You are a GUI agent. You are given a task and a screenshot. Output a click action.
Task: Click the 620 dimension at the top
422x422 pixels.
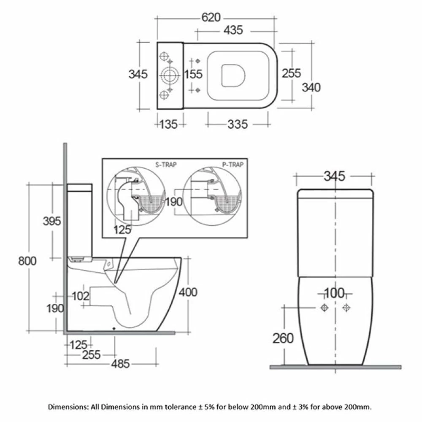click(x=211, y=17)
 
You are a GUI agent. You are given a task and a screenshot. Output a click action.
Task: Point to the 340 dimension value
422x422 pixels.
click(x=311, y=87)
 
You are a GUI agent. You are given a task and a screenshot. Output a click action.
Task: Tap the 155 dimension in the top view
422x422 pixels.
click(x=194, y=74)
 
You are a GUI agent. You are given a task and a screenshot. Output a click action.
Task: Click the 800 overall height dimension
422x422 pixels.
click(x=27, y=260)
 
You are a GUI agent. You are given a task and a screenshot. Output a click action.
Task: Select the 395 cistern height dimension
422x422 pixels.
click(x=52, y=221)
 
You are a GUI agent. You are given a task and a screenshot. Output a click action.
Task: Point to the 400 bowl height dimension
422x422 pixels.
click(x=188, y=292)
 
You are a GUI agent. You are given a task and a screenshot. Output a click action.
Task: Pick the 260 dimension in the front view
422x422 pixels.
click(x=283, y=338)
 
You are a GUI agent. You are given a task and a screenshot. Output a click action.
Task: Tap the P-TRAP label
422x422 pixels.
click(x=233, y=165)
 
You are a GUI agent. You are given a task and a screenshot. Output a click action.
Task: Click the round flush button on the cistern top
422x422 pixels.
click(x=170, y=76)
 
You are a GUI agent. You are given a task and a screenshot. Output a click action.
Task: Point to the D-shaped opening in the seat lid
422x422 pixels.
click(x=233, y=76)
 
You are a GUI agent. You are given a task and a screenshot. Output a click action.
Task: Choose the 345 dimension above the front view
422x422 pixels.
click(x=334, y=176)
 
